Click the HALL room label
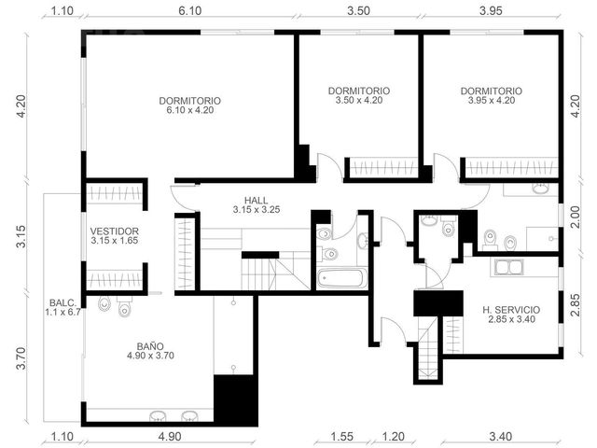[x=257, y=204]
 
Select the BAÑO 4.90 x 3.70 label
[x=150, y=351]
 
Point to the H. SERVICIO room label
[x=511, y=315]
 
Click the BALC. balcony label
[x=62, y=307]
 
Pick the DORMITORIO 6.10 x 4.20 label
[x=189, y=105]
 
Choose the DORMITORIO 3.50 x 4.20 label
[x=359, y=95]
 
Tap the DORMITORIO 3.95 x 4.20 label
[x=492, y=95]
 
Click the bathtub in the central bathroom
[x=341, y=278]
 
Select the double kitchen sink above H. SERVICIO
[x=509, y=268]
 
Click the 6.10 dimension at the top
[x=190, y=10]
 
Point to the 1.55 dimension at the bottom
[x=341, y=436]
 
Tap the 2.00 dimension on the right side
[x=575, y=217]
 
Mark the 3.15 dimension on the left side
[x=21, y=236]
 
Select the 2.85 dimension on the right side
[x=575, y=305]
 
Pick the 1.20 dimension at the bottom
[x=393, y=436]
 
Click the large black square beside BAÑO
[x=236, y=400]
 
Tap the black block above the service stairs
[x=438, y=303]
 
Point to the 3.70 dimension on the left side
[x=21, y=358]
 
